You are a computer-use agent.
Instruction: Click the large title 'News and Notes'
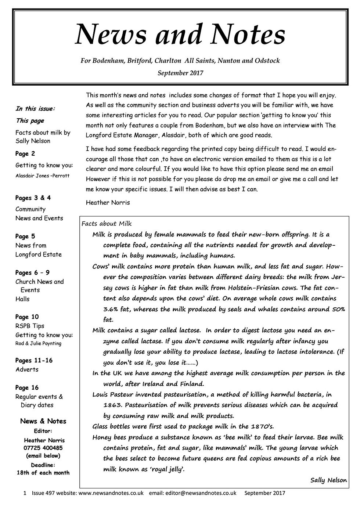180,35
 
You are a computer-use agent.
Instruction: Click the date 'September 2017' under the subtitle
180,73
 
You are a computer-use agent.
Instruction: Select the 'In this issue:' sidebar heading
35,108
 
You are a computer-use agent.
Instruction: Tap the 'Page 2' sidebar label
25,154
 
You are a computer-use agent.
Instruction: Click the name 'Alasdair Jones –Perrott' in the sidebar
42,176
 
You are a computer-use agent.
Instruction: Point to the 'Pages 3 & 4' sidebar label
33,198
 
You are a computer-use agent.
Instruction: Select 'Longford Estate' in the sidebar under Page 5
39,254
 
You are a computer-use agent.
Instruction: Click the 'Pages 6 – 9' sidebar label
32,272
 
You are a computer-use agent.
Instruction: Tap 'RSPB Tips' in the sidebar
30,326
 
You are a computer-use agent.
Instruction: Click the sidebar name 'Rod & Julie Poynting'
38,343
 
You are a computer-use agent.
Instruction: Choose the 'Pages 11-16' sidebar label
34,360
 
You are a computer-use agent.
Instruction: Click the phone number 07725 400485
43,448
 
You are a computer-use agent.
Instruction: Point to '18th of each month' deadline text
43,473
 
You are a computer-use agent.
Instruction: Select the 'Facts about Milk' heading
107,224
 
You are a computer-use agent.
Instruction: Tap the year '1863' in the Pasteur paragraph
112,405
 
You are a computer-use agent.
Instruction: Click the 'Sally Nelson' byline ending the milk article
328,480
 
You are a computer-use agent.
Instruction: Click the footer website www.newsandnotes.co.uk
111,493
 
